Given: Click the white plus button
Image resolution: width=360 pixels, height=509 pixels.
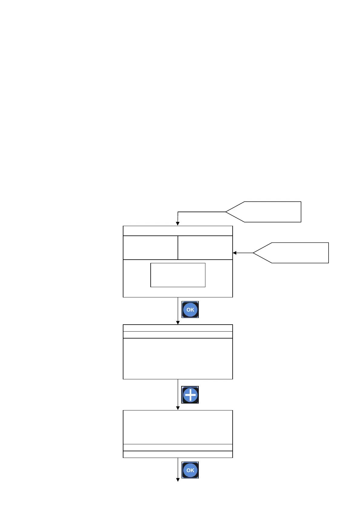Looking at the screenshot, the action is (x=190, y=395).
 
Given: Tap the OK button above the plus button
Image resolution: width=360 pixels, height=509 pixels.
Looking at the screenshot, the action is (x=190, y=310).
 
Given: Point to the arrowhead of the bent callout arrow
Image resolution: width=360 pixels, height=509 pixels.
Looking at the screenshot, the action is (x=178, y=224).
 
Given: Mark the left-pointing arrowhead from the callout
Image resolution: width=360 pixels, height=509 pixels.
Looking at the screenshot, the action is (x=234, y=253).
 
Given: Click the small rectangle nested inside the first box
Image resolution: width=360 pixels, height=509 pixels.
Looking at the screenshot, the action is (x=178, y=275).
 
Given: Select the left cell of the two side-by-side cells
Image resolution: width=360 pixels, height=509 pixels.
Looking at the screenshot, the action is (x=150, y=248).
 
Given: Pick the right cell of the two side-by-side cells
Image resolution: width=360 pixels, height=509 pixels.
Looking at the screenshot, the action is (x=205, y=248).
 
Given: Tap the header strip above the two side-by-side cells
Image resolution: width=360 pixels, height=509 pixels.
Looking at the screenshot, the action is (x=178, y=231).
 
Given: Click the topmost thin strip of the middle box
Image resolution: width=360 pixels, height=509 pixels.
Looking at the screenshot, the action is (x=178, y=328).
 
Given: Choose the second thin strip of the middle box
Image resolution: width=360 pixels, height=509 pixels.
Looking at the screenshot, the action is (x=178, y=335).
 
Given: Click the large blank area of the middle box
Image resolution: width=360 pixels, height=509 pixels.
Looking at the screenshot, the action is (x=178, y=358).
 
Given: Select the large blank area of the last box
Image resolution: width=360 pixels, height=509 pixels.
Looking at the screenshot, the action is (x=178, y=427).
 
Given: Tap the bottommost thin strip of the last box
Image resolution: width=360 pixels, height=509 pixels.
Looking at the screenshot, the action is (x=178, y=454).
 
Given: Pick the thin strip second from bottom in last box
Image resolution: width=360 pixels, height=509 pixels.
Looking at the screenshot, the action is (x=178, y=447).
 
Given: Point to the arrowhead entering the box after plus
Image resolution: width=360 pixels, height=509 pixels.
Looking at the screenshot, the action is (x=178, y=408).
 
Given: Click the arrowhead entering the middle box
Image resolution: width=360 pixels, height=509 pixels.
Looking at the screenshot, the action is (x=178, y=323).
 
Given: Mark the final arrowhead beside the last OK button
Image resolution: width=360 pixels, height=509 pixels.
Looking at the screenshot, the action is (x=178, y=480).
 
